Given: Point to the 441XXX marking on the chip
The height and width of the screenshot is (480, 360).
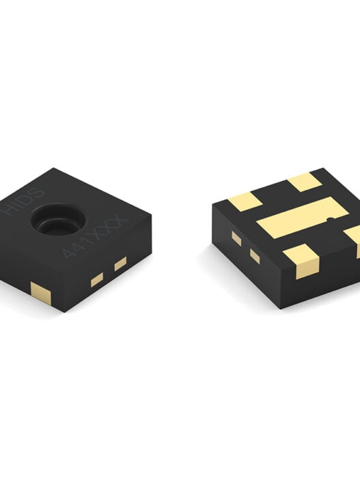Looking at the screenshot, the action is click(x=95, y=238).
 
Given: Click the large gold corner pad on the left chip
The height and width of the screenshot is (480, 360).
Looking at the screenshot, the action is click(x=41, y=294).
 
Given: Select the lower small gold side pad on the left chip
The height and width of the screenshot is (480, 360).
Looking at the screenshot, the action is click(x=97, y=280).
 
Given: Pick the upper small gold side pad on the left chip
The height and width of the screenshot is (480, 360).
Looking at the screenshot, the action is click(x=120, y=264).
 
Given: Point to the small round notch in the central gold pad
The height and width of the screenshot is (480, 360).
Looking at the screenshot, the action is click(x=330, y=218).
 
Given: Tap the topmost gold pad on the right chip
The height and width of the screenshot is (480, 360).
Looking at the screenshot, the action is click(x=305, y=182).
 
